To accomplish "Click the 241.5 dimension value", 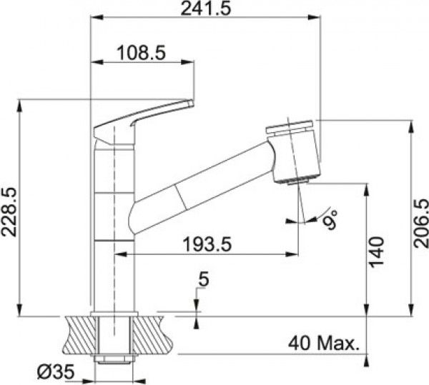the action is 206,9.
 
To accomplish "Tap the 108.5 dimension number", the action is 141,53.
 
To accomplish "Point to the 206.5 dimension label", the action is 421,224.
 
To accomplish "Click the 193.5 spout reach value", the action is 207,244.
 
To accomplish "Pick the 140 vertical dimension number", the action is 377,252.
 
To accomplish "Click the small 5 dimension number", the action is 203,279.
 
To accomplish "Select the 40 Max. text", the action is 323,344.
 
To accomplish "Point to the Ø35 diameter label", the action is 56,372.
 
